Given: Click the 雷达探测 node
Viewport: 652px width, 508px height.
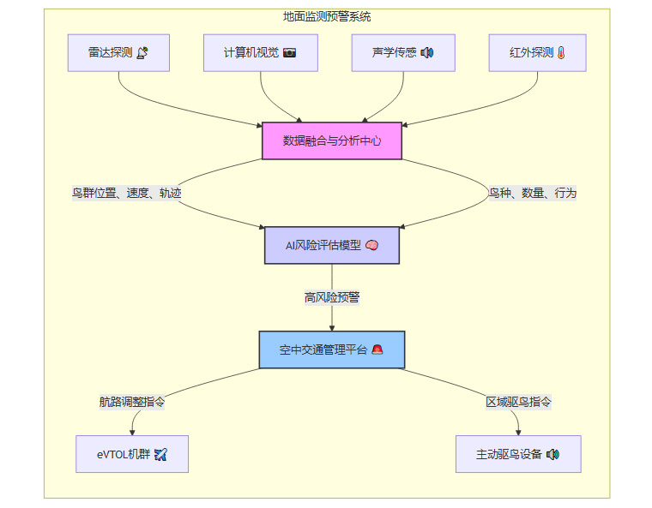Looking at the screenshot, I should [118, 53].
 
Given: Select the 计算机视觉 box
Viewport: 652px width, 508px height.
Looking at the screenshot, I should [261, 53].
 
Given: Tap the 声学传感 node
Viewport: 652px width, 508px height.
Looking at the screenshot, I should [403, 53].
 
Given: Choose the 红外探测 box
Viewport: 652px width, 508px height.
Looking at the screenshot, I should [537, 53].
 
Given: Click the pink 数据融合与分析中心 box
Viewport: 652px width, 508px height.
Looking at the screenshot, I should [332, 140].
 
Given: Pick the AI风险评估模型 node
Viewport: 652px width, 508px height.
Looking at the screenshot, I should [331, 245].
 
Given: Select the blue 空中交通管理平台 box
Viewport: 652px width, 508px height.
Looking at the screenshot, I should [332, 350].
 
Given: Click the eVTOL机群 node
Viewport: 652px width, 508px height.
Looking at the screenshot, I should [132, 454].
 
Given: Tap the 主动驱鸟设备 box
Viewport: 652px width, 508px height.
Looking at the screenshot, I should [518, 454].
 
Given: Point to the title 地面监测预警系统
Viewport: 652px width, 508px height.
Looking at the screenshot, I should [327, 16].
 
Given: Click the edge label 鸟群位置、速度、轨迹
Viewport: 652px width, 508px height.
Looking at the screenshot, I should [127, 193].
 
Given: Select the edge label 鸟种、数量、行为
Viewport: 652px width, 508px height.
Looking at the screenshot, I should [533, 193].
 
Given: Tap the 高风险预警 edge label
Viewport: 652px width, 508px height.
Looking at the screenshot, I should [332, 297].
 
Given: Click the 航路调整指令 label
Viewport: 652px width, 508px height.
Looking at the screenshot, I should [132, 402].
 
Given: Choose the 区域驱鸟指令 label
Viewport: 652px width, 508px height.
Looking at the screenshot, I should [518, 402].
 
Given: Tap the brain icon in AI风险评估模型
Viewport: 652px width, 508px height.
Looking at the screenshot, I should [371, 245].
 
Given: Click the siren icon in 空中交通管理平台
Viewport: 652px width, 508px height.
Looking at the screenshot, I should [377, 350].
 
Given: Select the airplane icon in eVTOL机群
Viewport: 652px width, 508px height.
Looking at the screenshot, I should [160, 454].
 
